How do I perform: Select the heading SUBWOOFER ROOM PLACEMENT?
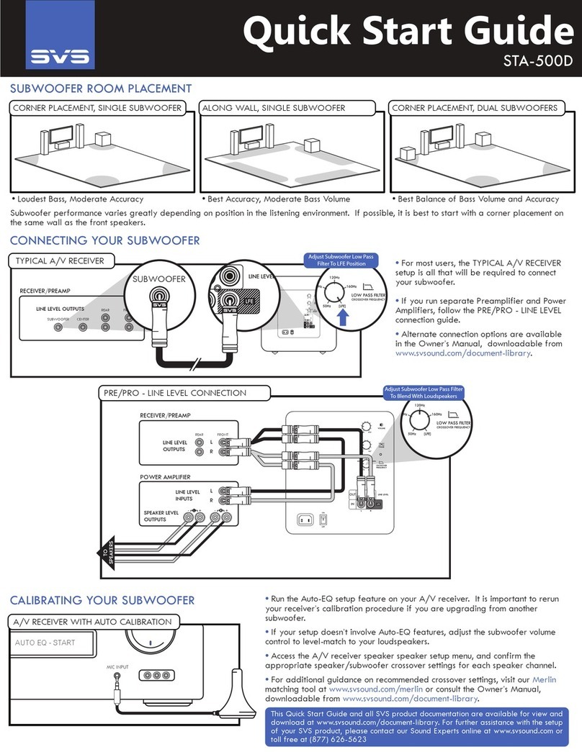[101, 89]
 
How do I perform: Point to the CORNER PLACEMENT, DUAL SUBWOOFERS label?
[475, 108]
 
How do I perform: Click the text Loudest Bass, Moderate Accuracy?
[79, 199]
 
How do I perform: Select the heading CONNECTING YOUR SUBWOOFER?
[104, 240]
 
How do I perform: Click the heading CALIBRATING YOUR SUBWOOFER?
[102, 599]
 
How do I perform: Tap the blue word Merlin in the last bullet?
[545, 680]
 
